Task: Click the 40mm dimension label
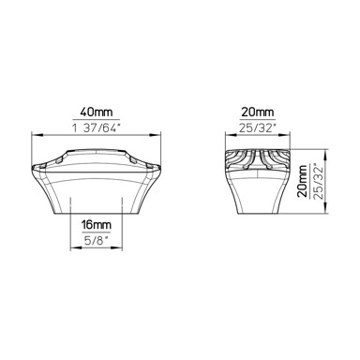[x=97, y=112]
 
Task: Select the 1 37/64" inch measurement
[x=97, y=128]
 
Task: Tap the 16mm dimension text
[x=97, y=225]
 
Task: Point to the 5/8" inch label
[x=97, y=241]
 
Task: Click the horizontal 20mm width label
[x=257, y=112]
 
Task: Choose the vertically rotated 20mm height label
[x=303, y=181]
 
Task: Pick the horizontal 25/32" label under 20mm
[x=258, y=128]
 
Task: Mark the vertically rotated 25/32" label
[x=319, y=181]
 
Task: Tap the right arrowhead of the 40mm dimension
[x=156, y=135]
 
